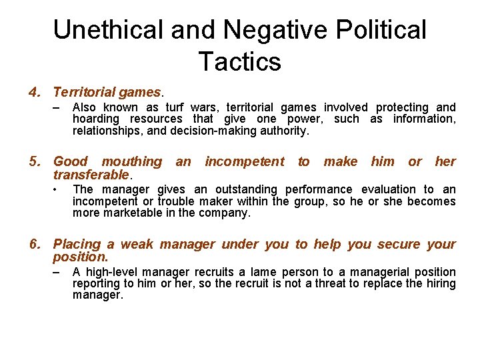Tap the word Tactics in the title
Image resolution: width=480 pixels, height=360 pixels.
tap(240, 61)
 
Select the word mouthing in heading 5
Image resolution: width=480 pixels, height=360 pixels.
tap(131, 161)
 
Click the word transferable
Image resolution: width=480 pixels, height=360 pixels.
tap(91, 175)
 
